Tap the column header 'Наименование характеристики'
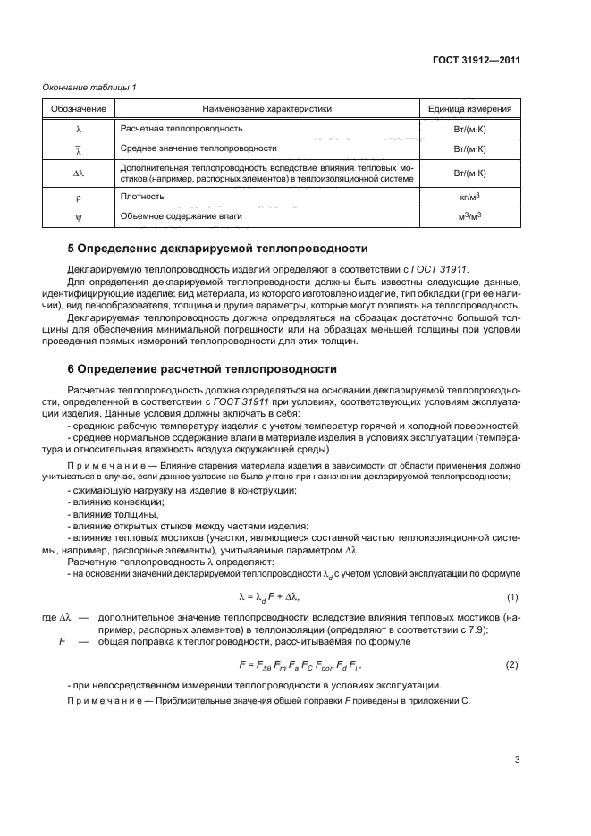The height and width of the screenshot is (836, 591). coord(266,109)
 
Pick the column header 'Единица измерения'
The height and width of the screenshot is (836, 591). coord(469,109)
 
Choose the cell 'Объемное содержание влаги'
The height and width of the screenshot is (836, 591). coord(180,215)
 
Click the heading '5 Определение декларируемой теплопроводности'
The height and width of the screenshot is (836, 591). coord(218,248)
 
